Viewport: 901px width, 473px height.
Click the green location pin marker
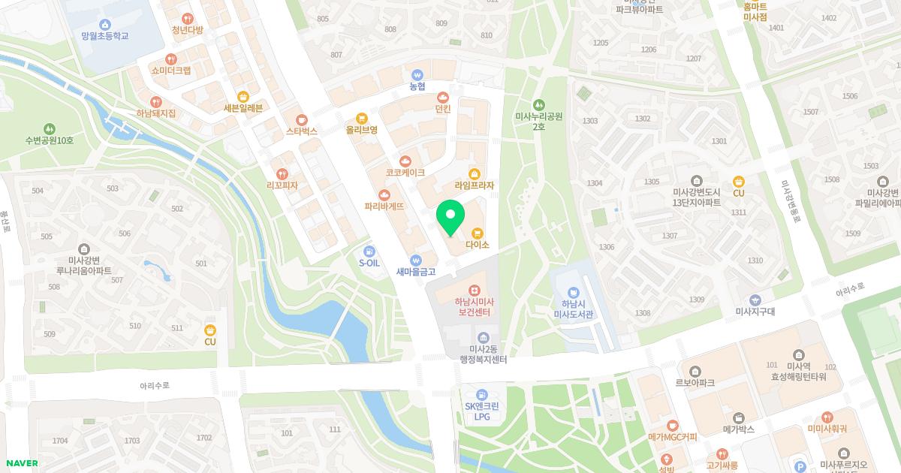(x=450, y=218)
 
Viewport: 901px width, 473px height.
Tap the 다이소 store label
(x=478, y=245)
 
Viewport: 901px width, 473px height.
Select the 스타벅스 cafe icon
(x=302, y=119)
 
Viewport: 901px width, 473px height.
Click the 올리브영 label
(x=361, y=129)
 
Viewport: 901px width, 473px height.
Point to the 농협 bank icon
(x=417, y=74)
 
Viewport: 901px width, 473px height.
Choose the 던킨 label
(x=443, y=109)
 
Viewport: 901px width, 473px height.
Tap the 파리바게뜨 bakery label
(x=384, y=206)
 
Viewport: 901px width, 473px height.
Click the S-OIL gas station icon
(x=369, y=252)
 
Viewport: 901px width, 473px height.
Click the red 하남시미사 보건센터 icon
(x=474, y=290)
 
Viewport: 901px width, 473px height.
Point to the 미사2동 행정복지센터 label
(x=483, y=354)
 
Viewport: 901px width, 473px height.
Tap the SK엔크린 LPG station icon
(x=482, y=394)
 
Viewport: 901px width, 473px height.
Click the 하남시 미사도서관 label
(x=574, y=309)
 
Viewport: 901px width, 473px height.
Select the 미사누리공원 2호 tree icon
(x=538, y=104)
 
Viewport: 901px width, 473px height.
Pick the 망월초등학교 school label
(x=105, y=36)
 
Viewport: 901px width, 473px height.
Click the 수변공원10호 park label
(x=50, y=140)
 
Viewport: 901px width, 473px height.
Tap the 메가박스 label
(x=738, y=429)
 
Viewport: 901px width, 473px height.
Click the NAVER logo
(x=21, y=463)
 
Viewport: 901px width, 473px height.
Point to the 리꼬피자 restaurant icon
(x=282, y=174)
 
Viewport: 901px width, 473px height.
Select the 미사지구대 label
(x=755, y=312)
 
